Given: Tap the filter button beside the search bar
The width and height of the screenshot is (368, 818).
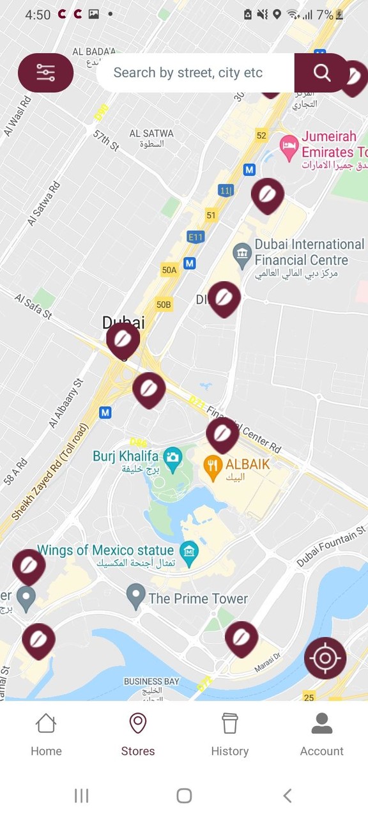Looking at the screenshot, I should coord(45,73).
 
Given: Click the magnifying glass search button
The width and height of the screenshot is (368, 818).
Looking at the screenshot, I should coord(322,73).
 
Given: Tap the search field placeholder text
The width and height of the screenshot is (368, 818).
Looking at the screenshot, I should coord(188,73).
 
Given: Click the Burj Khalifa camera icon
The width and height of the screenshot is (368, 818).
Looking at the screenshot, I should coord(172,456).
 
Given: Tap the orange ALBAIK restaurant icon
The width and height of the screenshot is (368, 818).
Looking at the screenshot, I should coord(213,465).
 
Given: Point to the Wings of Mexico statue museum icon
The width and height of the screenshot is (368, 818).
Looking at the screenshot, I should coord(188,550).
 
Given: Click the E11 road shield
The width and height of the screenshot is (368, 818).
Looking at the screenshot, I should coord(195,237).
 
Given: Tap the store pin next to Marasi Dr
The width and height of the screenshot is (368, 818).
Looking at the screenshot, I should coord(241,637).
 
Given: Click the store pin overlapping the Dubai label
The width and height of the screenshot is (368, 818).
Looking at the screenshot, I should coord(123,339).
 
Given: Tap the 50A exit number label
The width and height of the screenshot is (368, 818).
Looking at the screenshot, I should coord(169,270).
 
